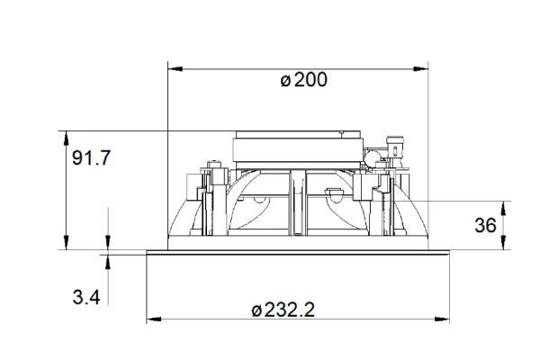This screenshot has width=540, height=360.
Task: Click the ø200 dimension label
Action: (304, 80)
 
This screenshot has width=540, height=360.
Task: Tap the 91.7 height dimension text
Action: (91, 158)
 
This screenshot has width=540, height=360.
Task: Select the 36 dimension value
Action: (486, 225)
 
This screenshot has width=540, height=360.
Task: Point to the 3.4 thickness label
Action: (86, 297)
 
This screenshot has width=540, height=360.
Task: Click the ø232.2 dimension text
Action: (283, 310)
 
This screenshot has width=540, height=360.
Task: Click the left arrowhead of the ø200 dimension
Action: (175, 69)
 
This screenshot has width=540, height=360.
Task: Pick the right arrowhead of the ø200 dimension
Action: (420, 69)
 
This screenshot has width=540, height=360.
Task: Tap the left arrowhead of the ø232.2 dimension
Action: (154, 319)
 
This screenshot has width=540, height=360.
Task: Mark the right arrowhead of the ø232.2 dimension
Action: (442, 319)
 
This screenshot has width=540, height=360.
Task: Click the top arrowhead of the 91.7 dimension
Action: (66, 138)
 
